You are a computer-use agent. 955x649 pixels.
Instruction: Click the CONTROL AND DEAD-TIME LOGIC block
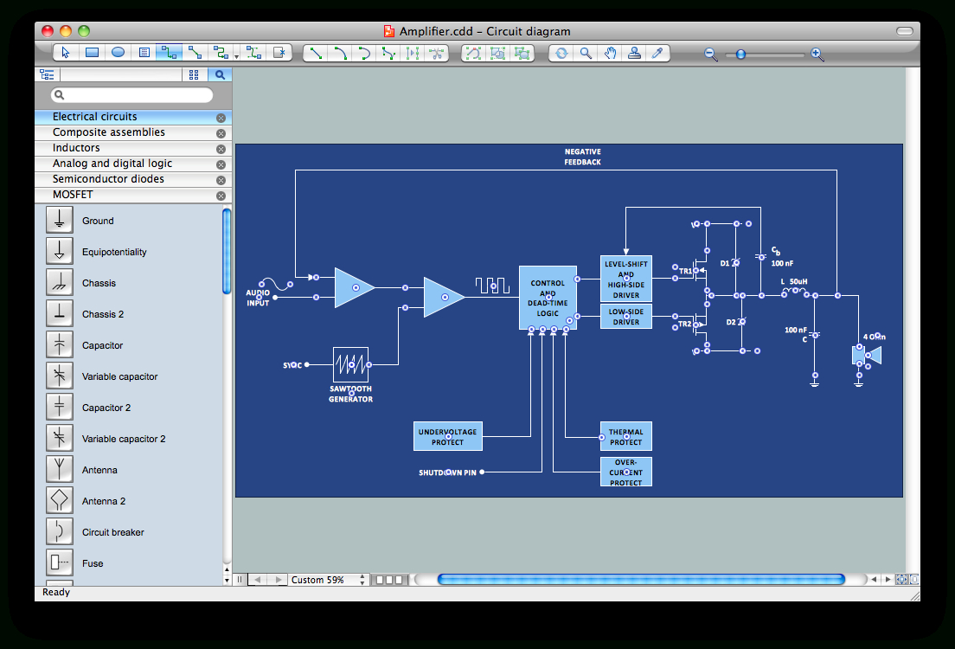548,298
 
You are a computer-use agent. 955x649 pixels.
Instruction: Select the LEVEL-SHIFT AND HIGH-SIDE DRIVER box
625,279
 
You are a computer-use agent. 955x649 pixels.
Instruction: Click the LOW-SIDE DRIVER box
625,316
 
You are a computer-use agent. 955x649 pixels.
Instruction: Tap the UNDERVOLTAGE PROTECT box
447,437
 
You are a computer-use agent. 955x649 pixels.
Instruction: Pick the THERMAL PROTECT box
625,437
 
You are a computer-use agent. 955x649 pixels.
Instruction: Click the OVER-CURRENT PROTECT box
625,472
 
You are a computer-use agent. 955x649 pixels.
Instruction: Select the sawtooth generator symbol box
350,364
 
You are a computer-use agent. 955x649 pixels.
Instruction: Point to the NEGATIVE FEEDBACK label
582,157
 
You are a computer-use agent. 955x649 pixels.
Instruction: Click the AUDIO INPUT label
258,298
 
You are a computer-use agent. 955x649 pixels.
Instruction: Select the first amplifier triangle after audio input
353,287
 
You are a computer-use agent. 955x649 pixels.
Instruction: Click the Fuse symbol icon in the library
60,563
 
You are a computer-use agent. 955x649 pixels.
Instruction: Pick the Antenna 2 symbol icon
60,501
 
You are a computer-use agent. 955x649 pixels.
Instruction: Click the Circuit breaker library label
113,532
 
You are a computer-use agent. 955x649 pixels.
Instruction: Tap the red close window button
48,31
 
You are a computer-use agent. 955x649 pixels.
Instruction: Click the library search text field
131,95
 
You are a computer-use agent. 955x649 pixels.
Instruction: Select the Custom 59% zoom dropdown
328,580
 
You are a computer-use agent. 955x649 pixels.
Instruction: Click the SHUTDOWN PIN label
447,472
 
